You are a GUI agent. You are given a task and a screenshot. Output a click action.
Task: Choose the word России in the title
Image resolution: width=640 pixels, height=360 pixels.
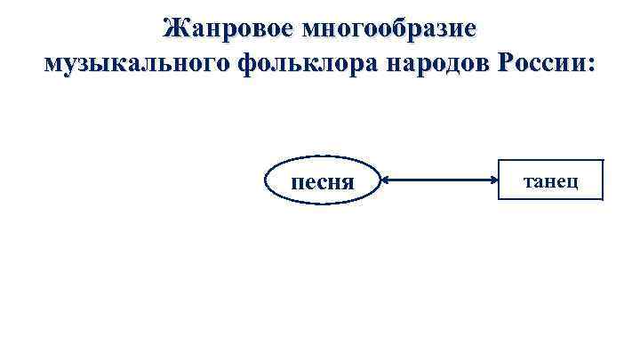click(x=541, y=63)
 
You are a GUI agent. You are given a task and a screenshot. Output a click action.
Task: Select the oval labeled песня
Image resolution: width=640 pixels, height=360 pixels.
click(x=323, y=182)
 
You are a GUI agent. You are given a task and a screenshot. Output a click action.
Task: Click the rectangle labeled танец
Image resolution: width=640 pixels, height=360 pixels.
click(x=551, y=182)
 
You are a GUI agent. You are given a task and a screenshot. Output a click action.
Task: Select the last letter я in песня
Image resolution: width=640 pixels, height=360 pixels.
click(x=348, y=183)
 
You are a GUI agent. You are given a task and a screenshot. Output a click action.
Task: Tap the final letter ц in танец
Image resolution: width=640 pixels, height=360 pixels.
click(x=575, y=182)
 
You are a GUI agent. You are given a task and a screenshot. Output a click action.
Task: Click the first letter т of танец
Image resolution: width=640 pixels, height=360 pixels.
click(x=528, y=182)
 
